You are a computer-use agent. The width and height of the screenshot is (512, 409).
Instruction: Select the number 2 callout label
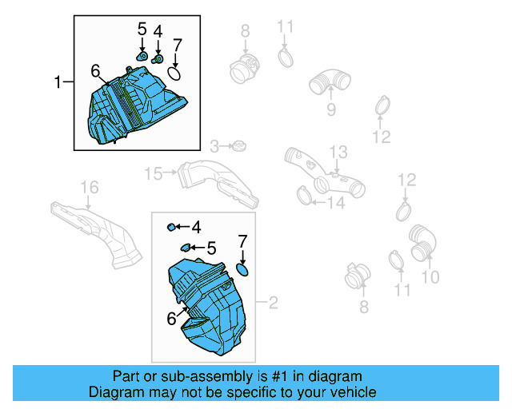(273, 303)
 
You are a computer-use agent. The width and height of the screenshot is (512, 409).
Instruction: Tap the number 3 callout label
(214, 146)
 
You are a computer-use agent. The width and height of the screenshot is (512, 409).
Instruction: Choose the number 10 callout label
(430, 277)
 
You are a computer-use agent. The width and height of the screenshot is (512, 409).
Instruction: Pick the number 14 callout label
(334, 203)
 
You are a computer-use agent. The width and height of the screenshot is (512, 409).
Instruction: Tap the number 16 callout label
(89, 187)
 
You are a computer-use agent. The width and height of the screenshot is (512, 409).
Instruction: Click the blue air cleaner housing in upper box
(136, 108)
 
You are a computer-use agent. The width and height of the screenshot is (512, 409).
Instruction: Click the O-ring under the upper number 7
(175, 74)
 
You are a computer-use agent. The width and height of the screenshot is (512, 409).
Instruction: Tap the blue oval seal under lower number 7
(243, 270)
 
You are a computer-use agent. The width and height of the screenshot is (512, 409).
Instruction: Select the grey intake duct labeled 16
(96, 228)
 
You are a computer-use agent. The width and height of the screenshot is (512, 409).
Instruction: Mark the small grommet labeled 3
(238, 146)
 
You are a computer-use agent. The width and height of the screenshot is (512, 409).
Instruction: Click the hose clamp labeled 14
(304, 193)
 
